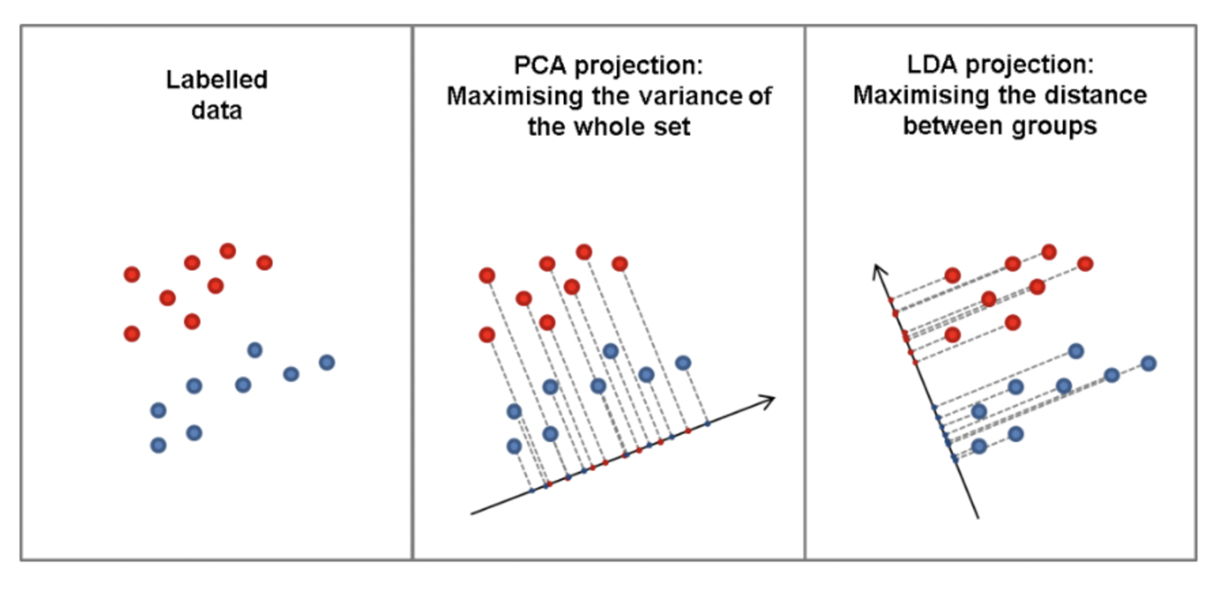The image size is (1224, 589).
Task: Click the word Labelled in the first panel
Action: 217,80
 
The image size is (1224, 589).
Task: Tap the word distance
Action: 1100,95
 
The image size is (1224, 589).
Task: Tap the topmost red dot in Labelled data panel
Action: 228,251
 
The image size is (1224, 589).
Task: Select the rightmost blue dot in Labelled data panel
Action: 326,362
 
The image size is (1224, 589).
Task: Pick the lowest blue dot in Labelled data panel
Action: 158,445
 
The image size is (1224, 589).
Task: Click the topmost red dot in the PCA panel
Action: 584,252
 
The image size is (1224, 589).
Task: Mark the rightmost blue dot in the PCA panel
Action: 682,363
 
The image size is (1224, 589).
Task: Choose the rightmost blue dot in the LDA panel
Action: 1148,363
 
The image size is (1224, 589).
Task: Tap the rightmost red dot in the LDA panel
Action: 1085,264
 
